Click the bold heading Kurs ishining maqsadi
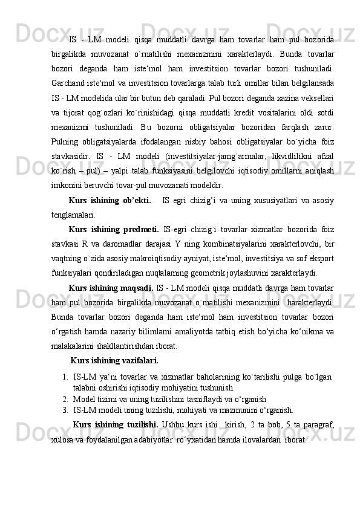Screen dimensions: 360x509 point(111,286)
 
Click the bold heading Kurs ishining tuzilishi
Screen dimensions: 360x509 point(115,423)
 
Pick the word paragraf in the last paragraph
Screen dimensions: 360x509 point(318,423)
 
